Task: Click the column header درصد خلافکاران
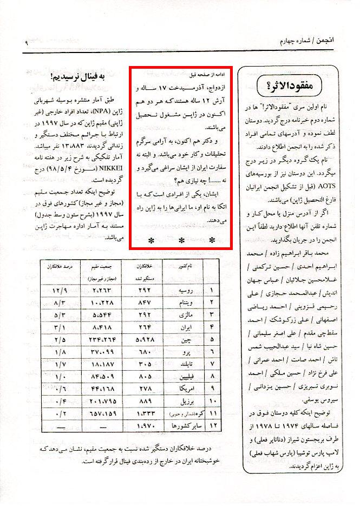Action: (61, 268)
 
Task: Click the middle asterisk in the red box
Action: (182, 239)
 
